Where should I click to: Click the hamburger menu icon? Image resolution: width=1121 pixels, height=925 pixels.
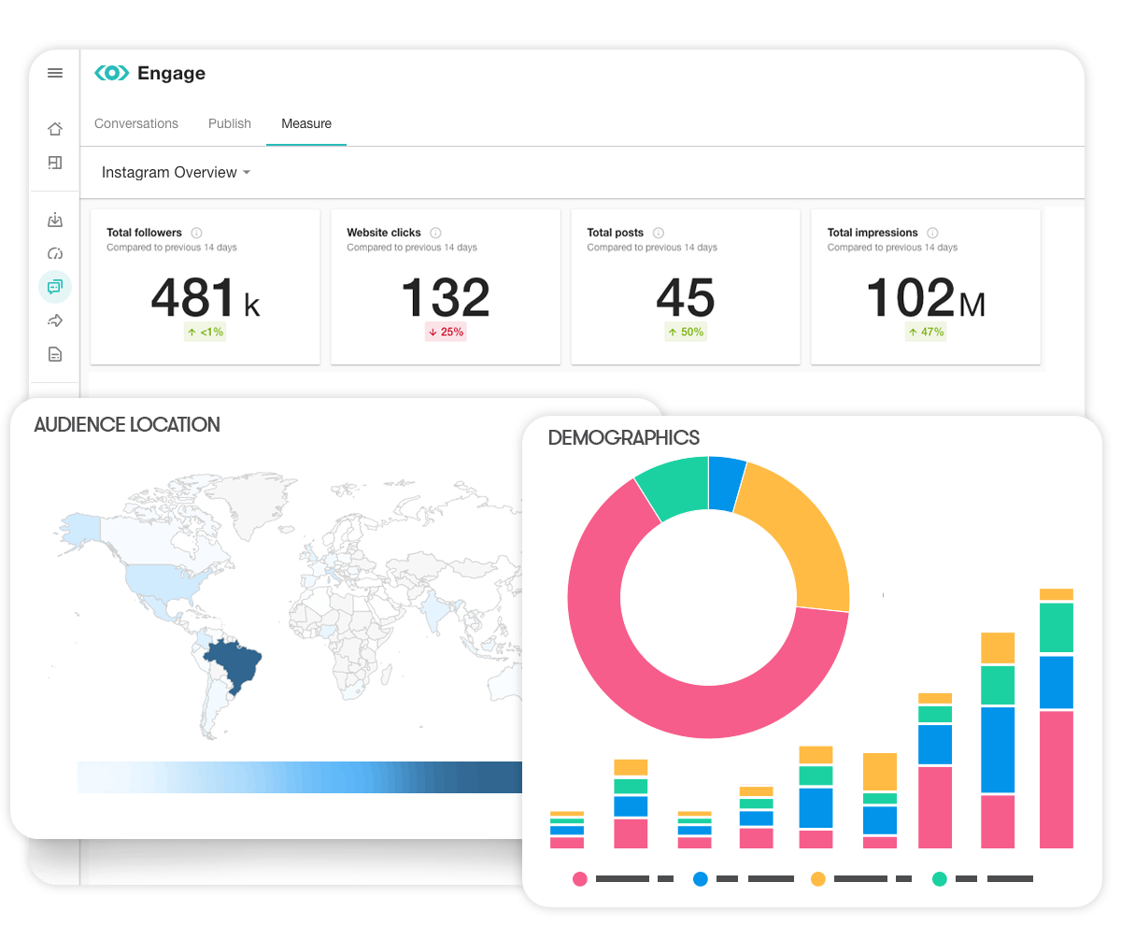pyautogui.click(x=55, y=73)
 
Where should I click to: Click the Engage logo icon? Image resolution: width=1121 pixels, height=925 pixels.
pyautogui.click(x=112, y=73)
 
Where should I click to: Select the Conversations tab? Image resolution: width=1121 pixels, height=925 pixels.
pyautogui.click(x=136, y=123)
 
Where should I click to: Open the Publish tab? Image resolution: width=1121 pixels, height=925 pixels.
pyautogui.click(x=230, y=123)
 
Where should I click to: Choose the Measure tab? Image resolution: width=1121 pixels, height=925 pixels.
pyautogui.click(x=306, y=123)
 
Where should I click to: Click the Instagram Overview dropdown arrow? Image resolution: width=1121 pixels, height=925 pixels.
pyautogui.click(x=247, y=173)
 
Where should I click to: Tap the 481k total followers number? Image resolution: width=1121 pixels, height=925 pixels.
pyautogui.click(x=205, y=298)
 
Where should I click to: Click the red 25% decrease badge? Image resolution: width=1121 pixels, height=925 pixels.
pyautogui.click(x=446, y=332)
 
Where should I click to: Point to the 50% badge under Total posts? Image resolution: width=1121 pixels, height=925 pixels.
pyautogui.click(x=686, y=332)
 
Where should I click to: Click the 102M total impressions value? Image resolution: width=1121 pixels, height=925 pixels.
pyautogui.click(x=925, y=298)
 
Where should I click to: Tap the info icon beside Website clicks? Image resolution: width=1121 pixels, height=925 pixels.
pyautogui.click(x=436, y=233)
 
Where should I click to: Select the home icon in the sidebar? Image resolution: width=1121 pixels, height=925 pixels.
pyautogui.click(x=55, y=129)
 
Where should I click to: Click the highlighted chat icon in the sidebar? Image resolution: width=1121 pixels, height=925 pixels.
pyautogui.click(x=55, y=286)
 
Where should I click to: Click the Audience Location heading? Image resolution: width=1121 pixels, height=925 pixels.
pyautogui.click(x=127, y=425)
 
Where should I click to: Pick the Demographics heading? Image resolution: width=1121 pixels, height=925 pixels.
pyautogui.click(x=624, y=437)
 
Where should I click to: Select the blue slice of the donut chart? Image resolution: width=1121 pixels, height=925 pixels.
pyautogui.click(x=726, y=483)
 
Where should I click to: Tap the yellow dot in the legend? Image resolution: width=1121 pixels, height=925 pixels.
pyautogui.click(x=817, y=879)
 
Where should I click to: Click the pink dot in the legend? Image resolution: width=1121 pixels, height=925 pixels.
pyautogui.click(x=580, y=879)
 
